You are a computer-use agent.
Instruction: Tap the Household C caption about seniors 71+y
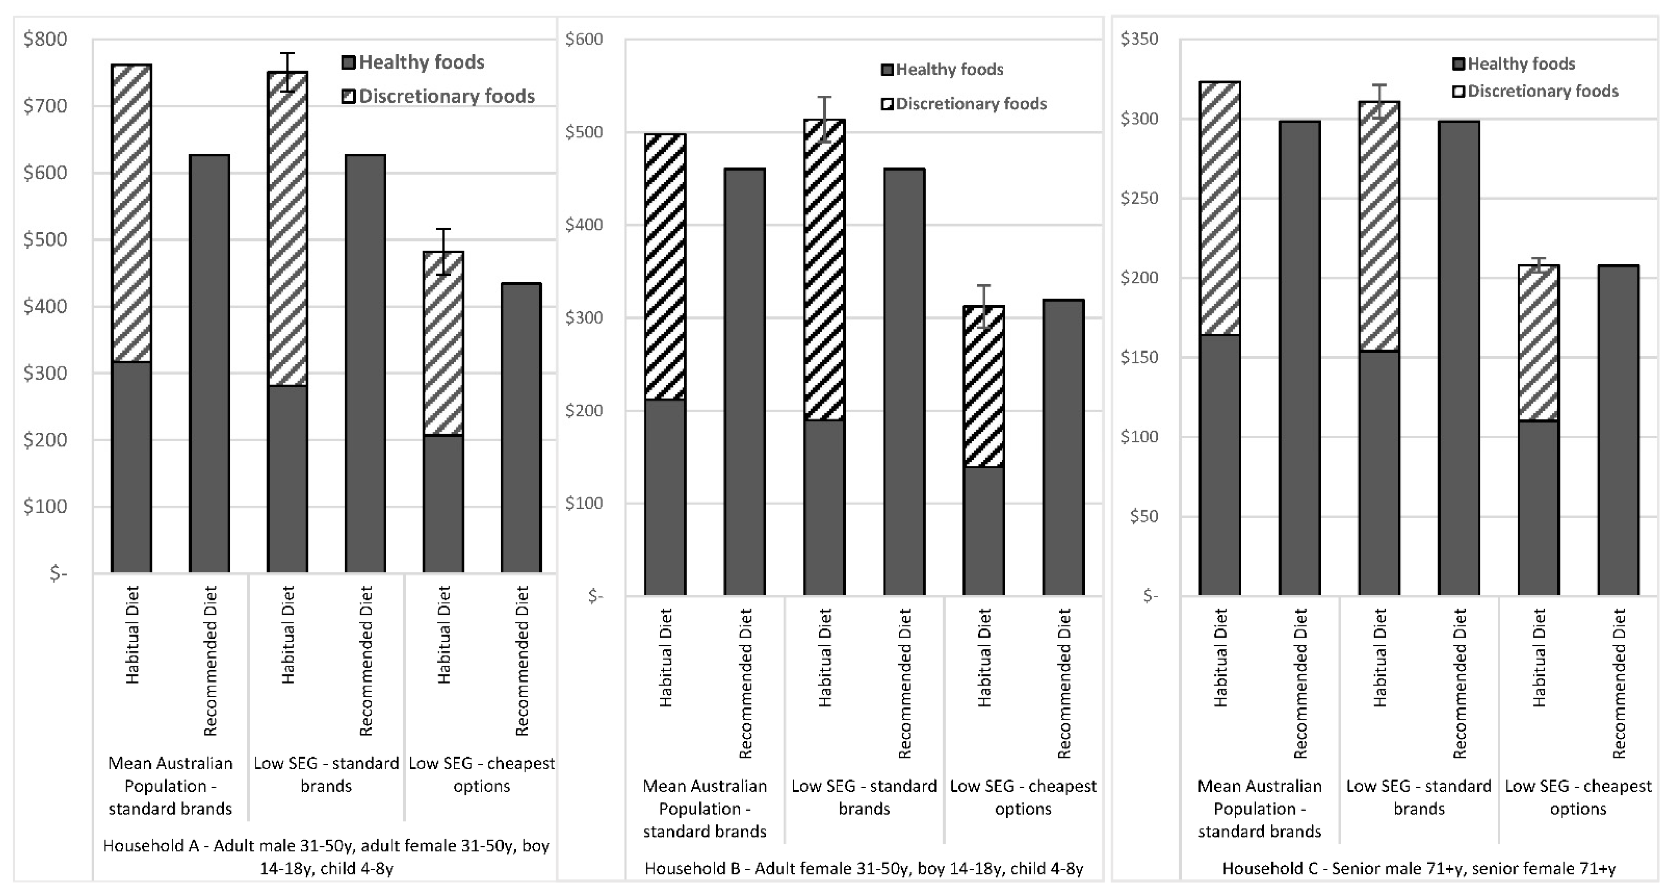(x=1419, y=869)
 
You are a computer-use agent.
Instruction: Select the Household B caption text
(x=864, y=869)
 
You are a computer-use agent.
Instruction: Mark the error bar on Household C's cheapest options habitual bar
(x=1538, y=263)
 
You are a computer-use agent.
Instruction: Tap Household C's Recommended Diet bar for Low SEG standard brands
(x=1459, y=358)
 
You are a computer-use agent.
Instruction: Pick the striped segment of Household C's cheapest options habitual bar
(x=1538, y=343)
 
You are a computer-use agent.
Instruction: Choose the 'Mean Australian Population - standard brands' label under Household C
(x=1260, y=809)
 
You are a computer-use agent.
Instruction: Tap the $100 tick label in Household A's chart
(x=45, y=506)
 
